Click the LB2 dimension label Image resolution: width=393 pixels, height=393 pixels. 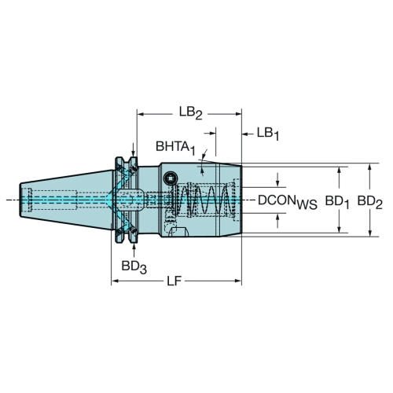pos(191,113)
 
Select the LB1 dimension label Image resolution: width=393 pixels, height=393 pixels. pos(268,134)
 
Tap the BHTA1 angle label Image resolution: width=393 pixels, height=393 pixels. pos(175,147)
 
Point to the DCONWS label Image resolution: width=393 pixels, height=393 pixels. pos(288,202)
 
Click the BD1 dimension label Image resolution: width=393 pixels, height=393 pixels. pos(337,202)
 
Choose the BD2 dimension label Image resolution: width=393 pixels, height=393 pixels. pos(370,202)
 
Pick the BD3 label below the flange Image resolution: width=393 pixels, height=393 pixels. pos(134,267)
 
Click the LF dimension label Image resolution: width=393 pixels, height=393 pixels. pos(174,281)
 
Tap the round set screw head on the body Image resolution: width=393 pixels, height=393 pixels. pos(170,179)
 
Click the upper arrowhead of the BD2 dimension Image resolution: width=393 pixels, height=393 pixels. pos(369,167)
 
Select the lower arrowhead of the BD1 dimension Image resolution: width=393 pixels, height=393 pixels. pos(340,230)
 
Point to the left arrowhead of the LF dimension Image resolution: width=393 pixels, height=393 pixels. pos(115,281)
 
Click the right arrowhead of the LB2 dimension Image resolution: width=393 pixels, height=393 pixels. pos(238,114)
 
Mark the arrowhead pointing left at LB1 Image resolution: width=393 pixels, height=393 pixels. pos(245,134)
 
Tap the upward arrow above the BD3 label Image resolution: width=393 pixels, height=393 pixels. pos(134,250)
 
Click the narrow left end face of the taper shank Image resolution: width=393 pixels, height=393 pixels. pos(20,200)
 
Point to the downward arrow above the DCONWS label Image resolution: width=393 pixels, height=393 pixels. pos(278,180)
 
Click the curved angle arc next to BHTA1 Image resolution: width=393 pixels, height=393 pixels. pos(202,161)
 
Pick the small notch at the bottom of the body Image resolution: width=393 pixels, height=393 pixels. pos(179,232)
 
